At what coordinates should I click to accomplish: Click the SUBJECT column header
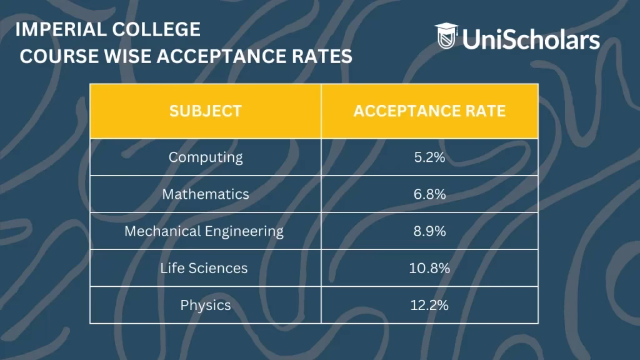click(205, 111)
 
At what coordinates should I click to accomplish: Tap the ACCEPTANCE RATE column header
click(429, 111)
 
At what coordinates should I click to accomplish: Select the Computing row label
click(205, 157)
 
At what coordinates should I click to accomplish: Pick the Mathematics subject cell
click(205, 194)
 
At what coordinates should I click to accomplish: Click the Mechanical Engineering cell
click(204, 231)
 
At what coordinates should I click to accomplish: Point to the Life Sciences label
click(204, 268)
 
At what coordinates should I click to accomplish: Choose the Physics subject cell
click(205, 306)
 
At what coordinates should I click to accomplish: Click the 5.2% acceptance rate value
click(429, 157)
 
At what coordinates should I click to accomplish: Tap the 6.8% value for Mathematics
click(429, 194)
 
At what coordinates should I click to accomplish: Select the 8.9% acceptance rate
click(429, 231)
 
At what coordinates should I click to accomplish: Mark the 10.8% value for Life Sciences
click(429, 268)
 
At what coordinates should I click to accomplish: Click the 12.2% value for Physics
click(429, 306)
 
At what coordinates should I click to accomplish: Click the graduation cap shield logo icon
click(446, 36)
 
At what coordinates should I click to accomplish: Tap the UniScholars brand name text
click(531, 40)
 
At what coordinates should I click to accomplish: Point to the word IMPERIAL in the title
click(55, 29)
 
